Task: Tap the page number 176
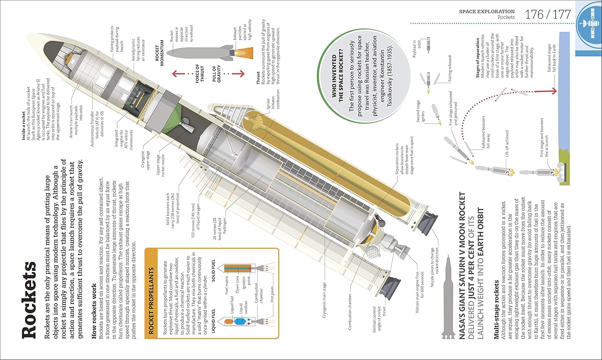click(534, 15)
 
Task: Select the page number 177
click(561, 15)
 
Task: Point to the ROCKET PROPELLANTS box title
click(151, 301)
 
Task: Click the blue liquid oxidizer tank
click(240, 321)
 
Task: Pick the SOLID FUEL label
click(213, 270)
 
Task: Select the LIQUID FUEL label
click(213, 321)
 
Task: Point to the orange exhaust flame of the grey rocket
click(244, 53)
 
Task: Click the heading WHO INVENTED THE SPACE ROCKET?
click(338, 75)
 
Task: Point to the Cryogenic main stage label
click(324, 300)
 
